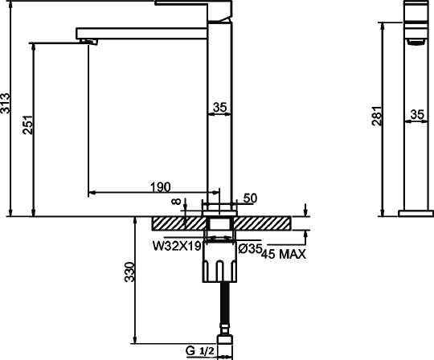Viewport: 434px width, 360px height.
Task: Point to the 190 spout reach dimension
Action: (159, 186)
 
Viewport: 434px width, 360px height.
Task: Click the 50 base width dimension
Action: (249, 198)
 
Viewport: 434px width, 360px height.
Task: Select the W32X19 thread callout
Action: (177, 246)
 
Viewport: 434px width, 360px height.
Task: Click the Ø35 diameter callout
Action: (250, 248)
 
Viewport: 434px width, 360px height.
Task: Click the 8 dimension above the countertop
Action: (177, 206)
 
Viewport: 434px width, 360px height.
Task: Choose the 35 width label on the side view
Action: (416, 115)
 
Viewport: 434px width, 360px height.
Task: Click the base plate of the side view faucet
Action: (416, 213)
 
